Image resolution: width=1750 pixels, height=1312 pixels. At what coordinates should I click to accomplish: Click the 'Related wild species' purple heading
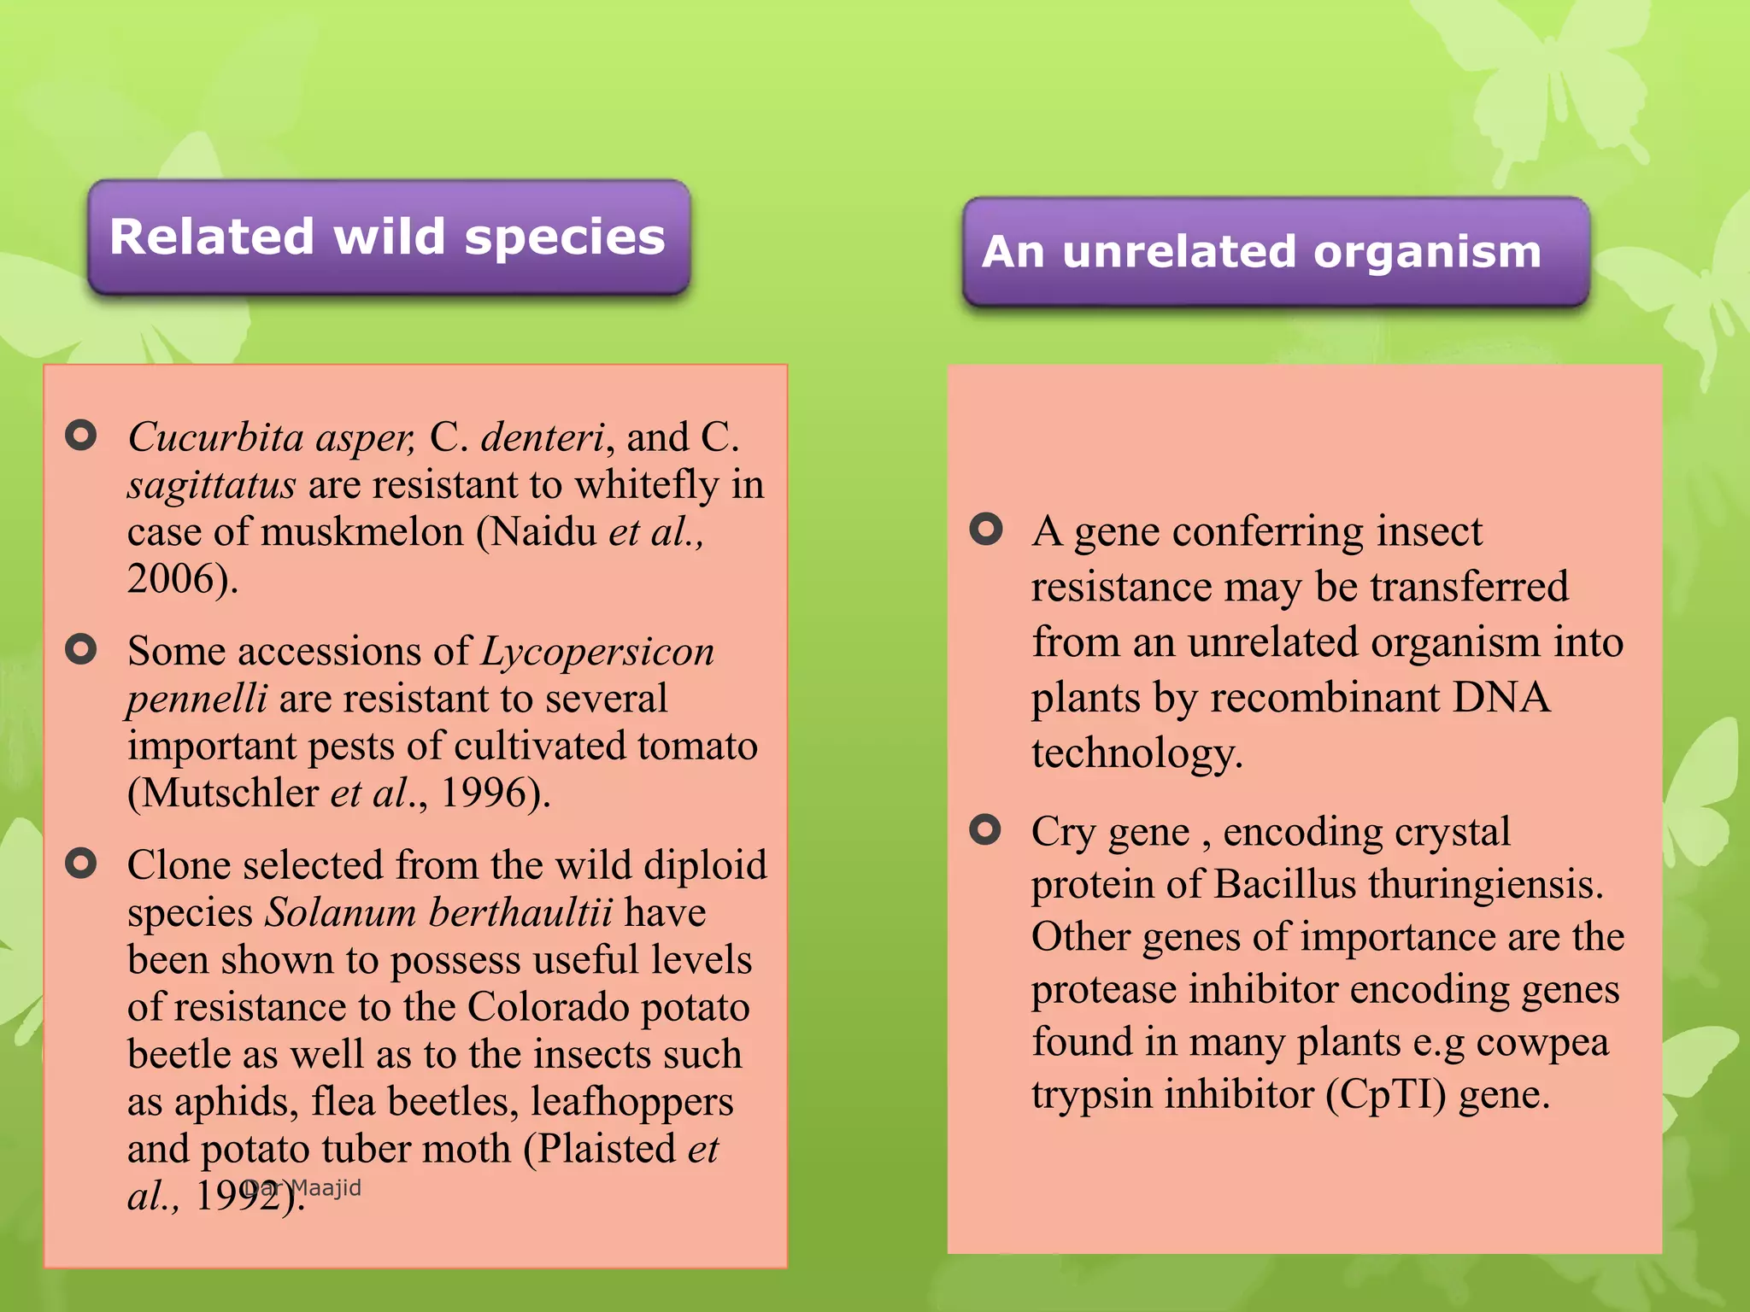coord(388,237)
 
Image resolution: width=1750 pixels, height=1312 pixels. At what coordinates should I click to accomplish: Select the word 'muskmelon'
coord(362,532)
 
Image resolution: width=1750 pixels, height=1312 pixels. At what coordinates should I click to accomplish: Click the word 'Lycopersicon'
coord(598,652)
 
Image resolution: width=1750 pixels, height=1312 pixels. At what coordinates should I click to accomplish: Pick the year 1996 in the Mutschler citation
coord(482,794)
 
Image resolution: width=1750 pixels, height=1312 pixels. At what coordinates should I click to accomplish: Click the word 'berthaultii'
coord(520,913)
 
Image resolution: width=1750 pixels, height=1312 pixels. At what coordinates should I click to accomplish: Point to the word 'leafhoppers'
coord(631,1103)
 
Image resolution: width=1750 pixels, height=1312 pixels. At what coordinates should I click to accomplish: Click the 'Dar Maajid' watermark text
coord(302,1188)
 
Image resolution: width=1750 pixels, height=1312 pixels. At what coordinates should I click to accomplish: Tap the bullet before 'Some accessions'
coord(81,650)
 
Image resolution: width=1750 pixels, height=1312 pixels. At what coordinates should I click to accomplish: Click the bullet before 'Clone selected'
coord(81,864)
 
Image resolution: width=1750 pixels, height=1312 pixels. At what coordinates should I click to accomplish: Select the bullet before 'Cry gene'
coord(985,829)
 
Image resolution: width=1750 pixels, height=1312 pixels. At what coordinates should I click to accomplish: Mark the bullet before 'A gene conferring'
coord(985,530)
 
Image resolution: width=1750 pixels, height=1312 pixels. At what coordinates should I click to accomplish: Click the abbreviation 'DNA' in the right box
coord(1500,698)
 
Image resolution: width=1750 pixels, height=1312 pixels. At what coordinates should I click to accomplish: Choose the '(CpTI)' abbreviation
coord(1385,1095)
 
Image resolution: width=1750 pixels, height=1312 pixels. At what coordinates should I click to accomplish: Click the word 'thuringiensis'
coord(1485,884)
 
